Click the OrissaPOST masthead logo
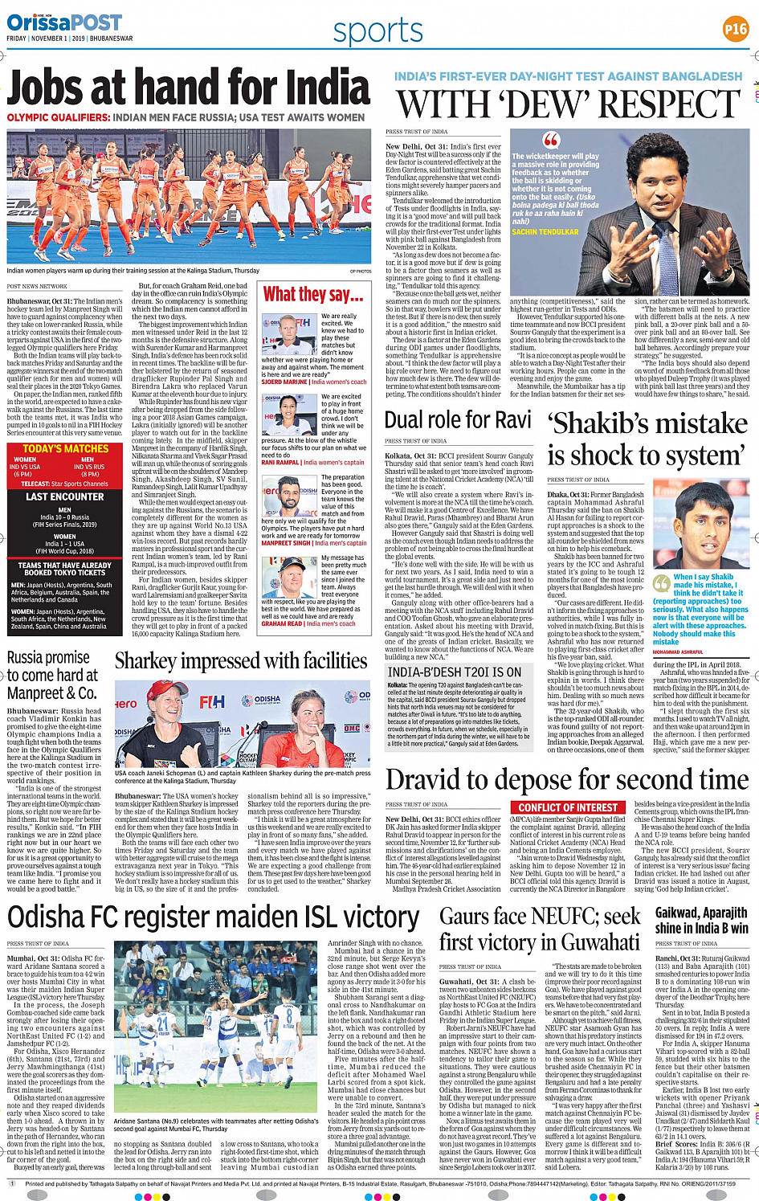(64, 22)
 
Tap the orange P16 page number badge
(735, 29)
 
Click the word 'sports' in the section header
(377, 31)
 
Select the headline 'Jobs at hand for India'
(189, 87)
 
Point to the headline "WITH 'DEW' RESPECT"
(569, 104)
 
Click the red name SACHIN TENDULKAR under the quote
(545, 232)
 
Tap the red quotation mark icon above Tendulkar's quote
(550, 140)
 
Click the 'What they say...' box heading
(313, 295)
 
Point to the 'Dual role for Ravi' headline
(458, 420)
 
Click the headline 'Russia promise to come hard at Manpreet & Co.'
(53, 675)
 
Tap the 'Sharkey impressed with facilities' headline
(241, 661)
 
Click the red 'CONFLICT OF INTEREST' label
(568, 807)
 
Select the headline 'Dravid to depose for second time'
(567, 780)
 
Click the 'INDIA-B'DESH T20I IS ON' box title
(455, 672)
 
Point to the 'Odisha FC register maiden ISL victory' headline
(214, 917)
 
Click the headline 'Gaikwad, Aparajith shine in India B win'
(702, 921)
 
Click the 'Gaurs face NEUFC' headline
(540, 929)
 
